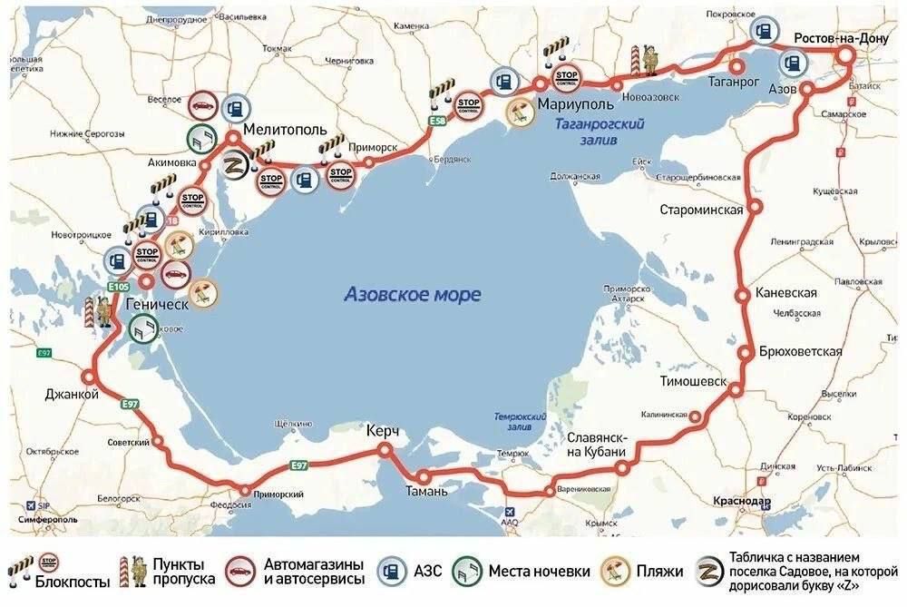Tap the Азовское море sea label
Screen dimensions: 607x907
413,295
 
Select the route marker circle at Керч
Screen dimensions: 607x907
386,449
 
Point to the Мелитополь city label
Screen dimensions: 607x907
284,130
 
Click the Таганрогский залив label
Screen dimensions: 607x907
599,132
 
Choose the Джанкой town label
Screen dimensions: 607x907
71,394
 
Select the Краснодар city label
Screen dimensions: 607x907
741,502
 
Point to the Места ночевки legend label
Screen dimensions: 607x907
539,572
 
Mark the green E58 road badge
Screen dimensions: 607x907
439,121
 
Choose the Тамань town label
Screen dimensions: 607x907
425,492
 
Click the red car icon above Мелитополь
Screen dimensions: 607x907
201,104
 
